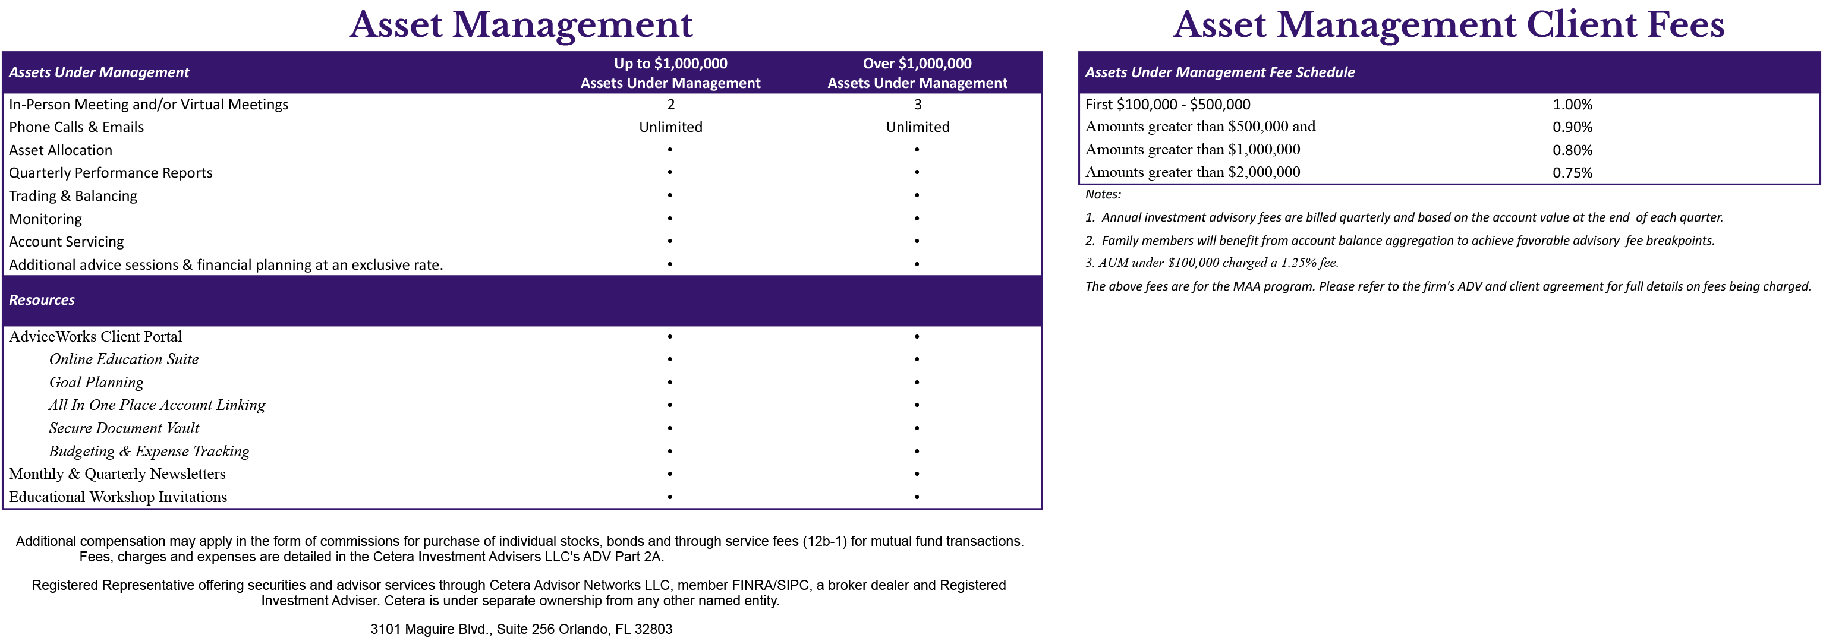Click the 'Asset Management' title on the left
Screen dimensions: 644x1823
click(521, 25)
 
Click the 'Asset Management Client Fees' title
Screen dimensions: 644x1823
click(1448, 25)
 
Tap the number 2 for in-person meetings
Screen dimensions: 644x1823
click(671, 105)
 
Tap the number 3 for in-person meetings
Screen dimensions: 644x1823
click(918, 105)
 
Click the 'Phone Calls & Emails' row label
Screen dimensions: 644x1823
click(77, 127)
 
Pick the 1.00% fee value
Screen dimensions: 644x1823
click(1572, 105)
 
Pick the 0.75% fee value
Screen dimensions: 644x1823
click(1572, 173)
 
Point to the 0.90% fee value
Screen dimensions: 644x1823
click(1572, 127)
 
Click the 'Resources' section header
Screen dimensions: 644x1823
click(42, 300)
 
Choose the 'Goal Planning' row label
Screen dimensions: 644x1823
click(96, 383)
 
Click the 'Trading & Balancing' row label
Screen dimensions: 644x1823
click(73, 196)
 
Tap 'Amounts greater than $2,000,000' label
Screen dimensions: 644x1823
click(1192, 172)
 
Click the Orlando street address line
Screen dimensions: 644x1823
click(521, 629)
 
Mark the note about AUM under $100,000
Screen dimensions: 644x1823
click(1211, 263)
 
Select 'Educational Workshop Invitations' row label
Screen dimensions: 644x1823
click(118, 497)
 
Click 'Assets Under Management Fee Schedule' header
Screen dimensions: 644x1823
click(1219, 72)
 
